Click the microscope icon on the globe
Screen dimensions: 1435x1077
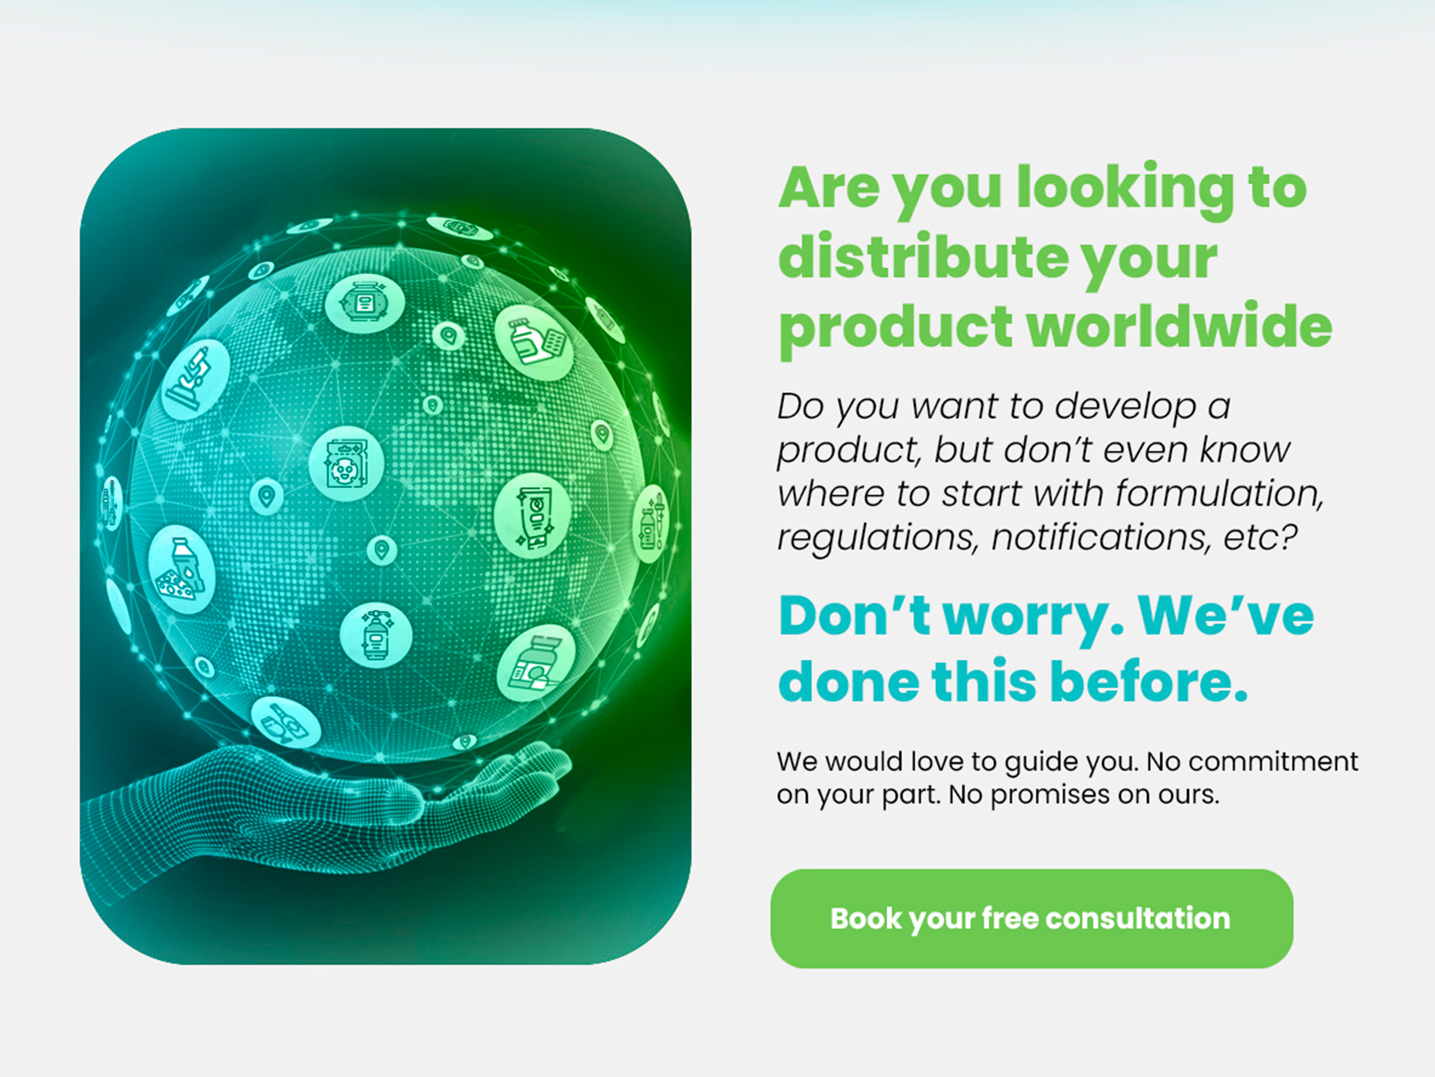click(x=195, y=379)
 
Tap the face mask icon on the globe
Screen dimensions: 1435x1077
click(x=346, y=463)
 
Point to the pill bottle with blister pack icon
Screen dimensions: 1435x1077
click(x=534, y=342)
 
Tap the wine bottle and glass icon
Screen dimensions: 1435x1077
click(x=286, y=723)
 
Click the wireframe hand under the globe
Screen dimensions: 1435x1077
click(x=326, y=809)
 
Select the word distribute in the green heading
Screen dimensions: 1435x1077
click(x=922, y=257)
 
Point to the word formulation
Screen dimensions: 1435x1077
click(x=1218, y=493)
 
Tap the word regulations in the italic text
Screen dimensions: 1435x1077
click(x=878, y=538)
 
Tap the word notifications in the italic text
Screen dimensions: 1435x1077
click(x=1102, y=537)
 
